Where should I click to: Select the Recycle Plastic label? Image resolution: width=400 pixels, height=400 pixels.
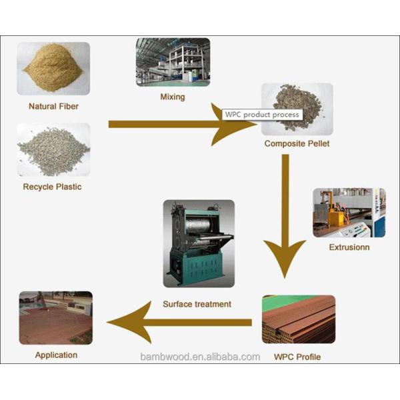[52, 187]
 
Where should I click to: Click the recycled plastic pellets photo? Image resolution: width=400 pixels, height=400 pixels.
[53, 149]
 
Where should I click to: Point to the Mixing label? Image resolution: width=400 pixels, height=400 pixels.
[172, 97]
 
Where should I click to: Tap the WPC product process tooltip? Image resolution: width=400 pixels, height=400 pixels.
[261, 115]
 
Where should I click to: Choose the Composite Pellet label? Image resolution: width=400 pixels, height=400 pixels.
[297, 143]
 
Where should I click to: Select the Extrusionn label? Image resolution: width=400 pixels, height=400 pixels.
[349, 247]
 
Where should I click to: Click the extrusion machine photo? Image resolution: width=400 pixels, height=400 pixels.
[349, 213]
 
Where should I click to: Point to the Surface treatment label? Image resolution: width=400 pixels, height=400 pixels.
[197, 304]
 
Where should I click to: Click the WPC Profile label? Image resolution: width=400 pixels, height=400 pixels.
[297, 357]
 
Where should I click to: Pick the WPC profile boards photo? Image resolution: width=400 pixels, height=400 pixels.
[298, 320]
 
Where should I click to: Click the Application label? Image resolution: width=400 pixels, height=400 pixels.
[56, 355]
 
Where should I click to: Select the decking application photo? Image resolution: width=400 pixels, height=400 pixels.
[56, 317]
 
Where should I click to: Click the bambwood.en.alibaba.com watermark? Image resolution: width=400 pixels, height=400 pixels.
[200, 357]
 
